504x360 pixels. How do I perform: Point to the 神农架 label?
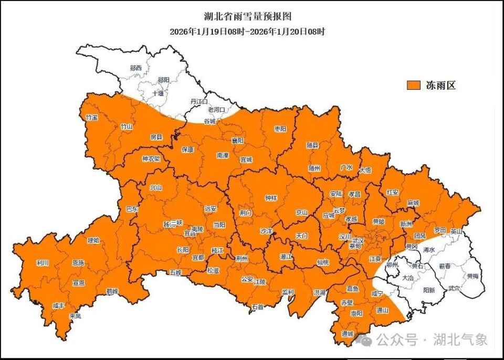coord(151,158)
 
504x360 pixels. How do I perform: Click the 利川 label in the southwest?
coord(43,263)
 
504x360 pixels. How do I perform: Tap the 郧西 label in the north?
coord(135,68)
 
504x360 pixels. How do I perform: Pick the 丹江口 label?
coord(199,101)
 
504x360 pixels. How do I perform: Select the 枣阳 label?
coord(280,129)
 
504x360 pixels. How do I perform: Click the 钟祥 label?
coord(271,198)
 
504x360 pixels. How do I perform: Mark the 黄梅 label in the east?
coord(472,276)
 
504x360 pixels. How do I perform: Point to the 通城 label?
coord(347,334)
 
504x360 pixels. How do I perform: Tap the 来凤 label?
coord(75,316)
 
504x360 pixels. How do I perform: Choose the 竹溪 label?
coord(91,118)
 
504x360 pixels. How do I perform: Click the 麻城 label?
coord(413,203)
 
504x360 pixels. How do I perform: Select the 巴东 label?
coord(132,208)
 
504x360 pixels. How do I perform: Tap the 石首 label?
coord(257,306)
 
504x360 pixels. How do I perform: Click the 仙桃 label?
coord(322,261)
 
